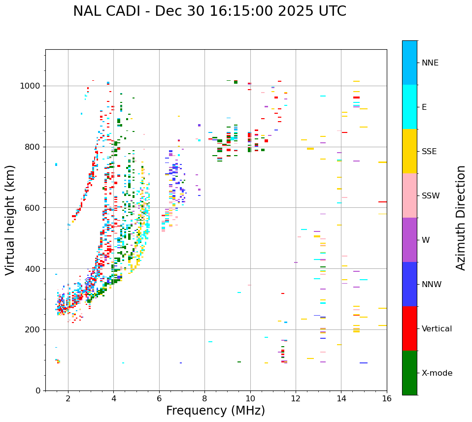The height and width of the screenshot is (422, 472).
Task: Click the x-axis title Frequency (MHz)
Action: click(215, 411)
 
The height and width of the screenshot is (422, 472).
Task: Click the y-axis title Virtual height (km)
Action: click(10, 220)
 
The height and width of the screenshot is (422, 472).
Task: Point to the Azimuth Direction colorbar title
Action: click(461, 218)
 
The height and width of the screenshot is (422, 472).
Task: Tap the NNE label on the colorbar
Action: click(430, 63)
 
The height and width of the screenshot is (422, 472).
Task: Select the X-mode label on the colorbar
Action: click(437, 373)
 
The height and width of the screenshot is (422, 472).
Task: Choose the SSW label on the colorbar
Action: click(431, 196)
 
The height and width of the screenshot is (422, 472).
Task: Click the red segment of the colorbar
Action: click(409, 328)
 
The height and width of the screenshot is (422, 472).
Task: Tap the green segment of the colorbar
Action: click(409, 373)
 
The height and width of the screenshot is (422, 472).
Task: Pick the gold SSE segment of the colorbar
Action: click(409, 151)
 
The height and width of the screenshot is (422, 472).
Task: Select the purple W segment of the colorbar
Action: click(409, 240)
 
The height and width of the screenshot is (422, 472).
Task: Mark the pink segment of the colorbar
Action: click(409, 195)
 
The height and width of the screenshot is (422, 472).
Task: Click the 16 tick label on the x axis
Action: click(386, 399)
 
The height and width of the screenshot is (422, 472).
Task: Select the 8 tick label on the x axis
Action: click(204, 399)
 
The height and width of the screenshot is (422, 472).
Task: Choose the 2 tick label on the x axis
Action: click(68, 399)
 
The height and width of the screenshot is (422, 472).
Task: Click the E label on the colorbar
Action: click(424, 107)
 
